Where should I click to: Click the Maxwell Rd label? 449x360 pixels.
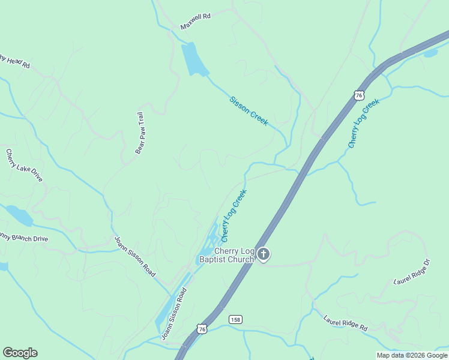click(x=196, y=22)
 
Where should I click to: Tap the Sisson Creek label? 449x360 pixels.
click(x=249, y=111)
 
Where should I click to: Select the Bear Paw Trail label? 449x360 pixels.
click(x=140, y=133)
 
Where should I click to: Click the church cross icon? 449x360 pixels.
click(x=263, y=255)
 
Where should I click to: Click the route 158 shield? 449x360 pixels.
click(x=235, y=320)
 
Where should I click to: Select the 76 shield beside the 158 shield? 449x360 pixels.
click(x=202, y=329)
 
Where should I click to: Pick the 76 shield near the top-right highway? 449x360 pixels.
click(x=359, y=95)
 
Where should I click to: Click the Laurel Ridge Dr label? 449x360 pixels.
click(x=412, y=272)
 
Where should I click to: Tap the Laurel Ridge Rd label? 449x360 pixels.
click(x=345, y=324)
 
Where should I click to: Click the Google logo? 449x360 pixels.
click(x=20, y=353)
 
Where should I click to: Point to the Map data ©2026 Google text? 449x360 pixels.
click(x=411, y=355)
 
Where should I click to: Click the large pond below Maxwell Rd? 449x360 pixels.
click(x=193, y=59)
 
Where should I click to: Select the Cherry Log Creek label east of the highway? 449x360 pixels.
click(x=364, y=124)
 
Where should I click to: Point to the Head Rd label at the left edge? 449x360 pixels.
click(x=14, y=61)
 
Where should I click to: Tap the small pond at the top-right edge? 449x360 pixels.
click(x=431, y=53)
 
